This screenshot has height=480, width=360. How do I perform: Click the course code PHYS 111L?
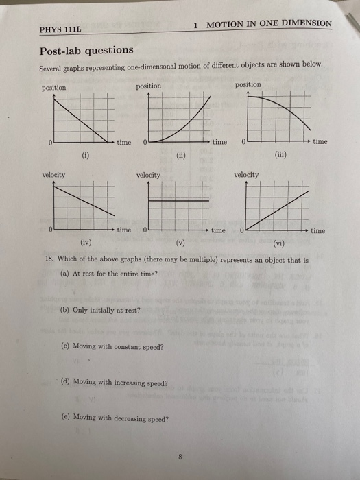(x=61, y=31)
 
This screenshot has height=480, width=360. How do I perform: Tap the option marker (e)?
(x=66, y=418)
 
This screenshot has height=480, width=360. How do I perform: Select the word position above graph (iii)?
(x=248, y=85)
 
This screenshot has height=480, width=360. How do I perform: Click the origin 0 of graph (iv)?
(x=51, y=230)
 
